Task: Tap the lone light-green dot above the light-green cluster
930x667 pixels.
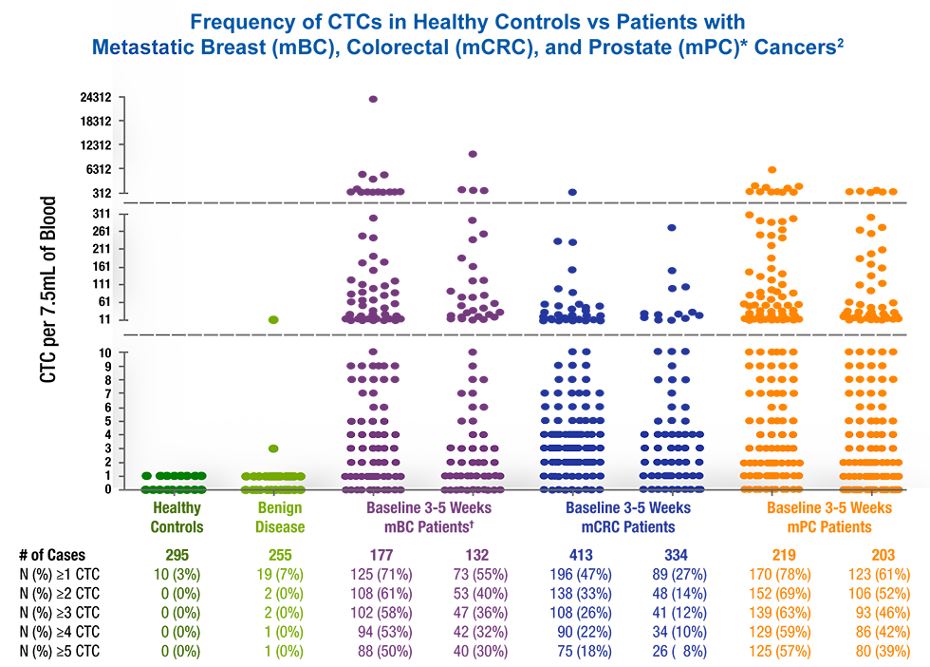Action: coord(273,448)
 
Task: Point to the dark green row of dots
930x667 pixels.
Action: coord(174,475)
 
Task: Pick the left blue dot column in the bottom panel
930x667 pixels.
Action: coord(571,456)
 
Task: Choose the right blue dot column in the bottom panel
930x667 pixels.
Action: coord(672,456)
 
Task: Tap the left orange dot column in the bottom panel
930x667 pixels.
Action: coord(771,456)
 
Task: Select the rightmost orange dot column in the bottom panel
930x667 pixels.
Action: coord(869,456)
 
